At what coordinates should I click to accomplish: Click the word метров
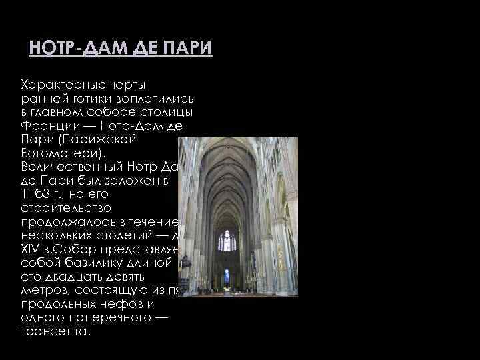coord(44,289)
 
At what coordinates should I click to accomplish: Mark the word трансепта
coord(54,331)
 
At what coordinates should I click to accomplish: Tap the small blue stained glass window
coord(227,276)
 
